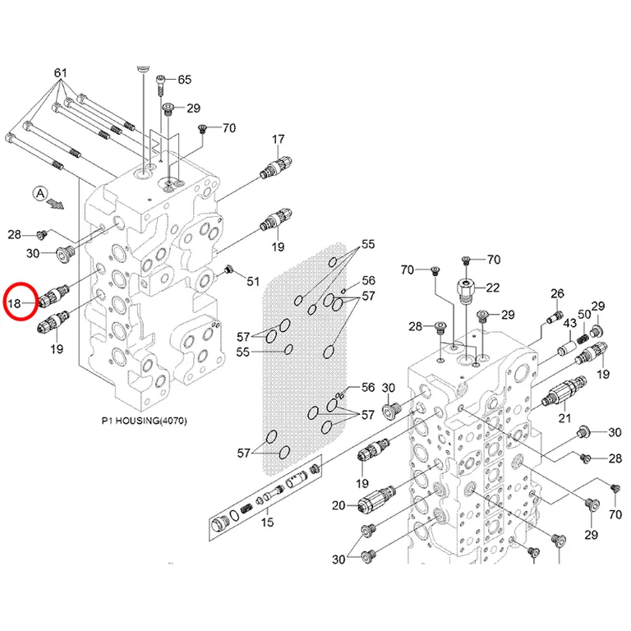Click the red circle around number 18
(5, 302)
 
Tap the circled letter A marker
(40, 194)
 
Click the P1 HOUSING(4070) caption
(144, 421)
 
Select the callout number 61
(60, 73)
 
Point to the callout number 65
(184, 79)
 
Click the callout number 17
(278, 139)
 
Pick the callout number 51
(253, 281)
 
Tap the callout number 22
(493, 288)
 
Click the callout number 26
(557, 293)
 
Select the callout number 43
(569, 323)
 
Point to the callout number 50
(584, 314)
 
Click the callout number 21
(564, 418)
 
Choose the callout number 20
(339, 505)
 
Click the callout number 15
(267, 522)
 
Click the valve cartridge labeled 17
(276, 166)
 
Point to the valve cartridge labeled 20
(376, 497)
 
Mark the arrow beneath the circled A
(55, 204)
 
